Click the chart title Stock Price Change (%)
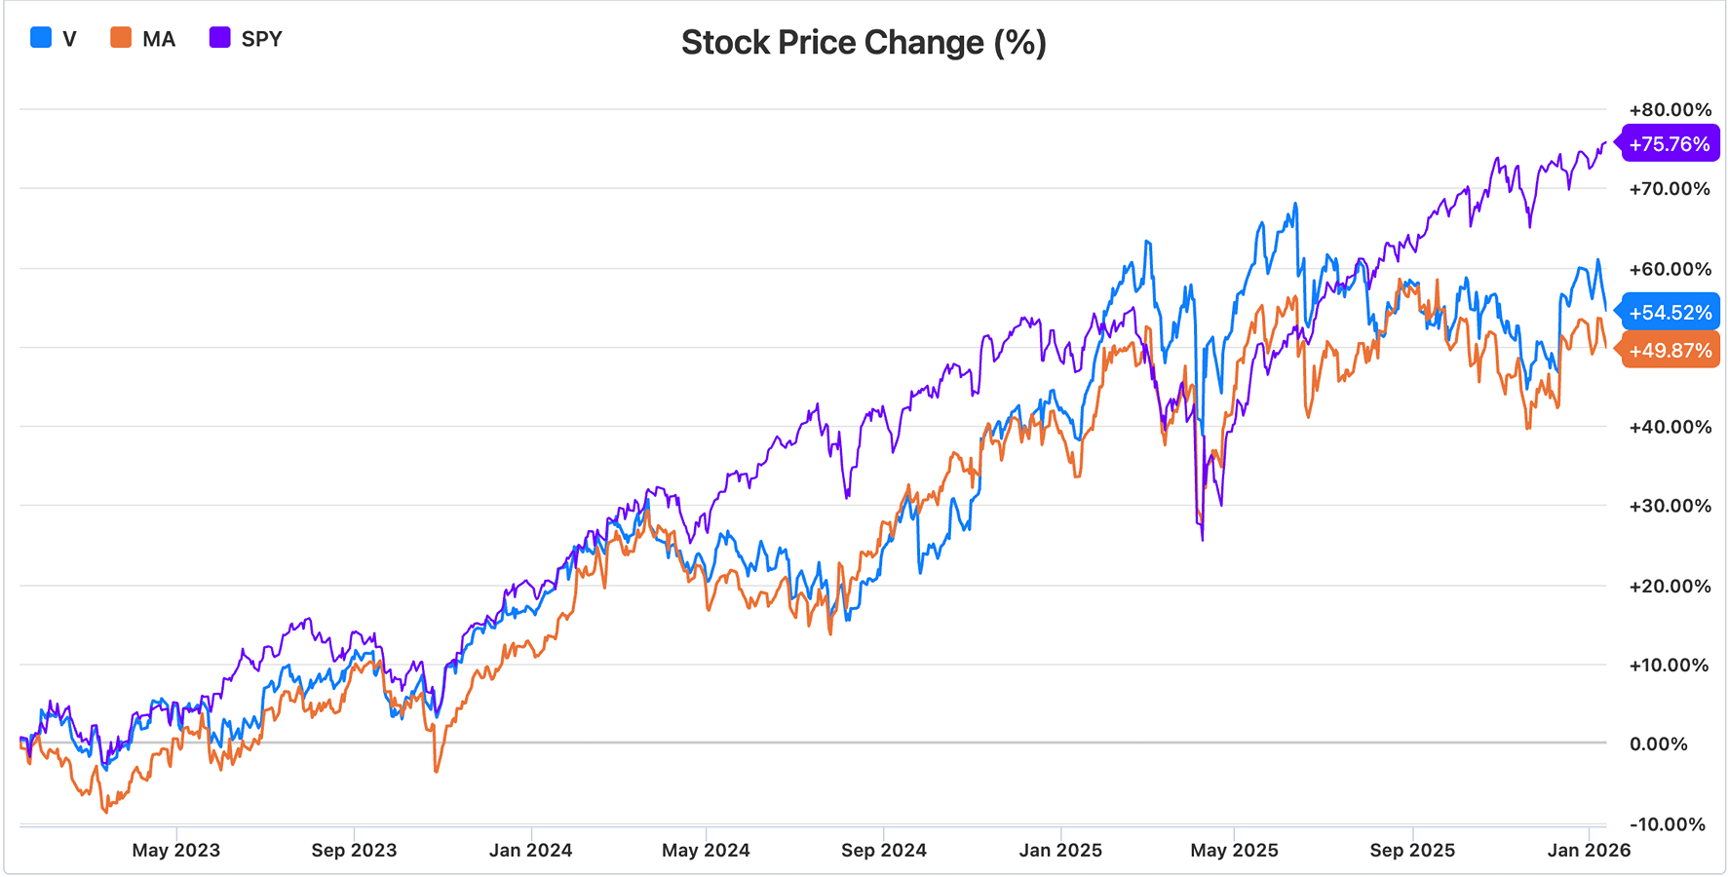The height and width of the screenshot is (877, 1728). pos(864,43)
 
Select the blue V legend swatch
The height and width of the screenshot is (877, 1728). pos(41,38)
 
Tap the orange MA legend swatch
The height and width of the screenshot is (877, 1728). pos(121,38)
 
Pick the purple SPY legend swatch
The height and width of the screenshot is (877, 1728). pos(220,38)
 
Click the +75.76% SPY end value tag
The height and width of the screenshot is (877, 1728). pos(1669,144)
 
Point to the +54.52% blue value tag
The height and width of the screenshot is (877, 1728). pos(1670,313)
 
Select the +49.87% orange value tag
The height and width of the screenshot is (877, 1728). pos(1670,351)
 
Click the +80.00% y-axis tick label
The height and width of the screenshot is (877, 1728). pos(1670,110)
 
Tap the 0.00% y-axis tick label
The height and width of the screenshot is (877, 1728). pos(1658,744)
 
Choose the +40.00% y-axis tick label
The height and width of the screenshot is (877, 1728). pos(1670,427)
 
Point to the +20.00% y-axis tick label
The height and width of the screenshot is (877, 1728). pos(1670,586)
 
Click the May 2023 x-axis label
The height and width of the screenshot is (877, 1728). pos(176,850)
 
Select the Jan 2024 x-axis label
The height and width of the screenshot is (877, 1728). pos(530,850)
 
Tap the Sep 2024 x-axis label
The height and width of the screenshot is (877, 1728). pos(884,850)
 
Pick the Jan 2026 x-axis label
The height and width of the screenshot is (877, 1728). pos(1589,850)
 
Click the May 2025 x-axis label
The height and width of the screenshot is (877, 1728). pos(1234,850)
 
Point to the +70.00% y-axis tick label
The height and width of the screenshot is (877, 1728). pos(1670,189)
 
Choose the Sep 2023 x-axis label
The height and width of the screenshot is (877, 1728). pos(354,850)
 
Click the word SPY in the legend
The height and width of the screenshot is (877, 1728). pos(261,39)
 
